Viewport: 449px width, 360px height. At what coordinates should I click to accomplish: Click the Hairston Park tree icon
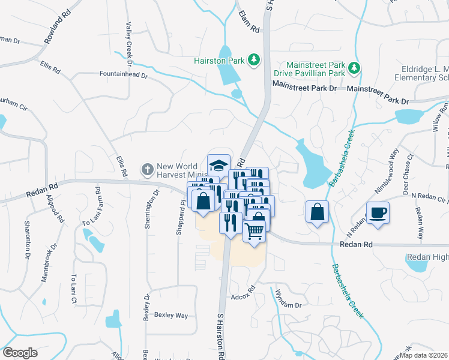point(254,59)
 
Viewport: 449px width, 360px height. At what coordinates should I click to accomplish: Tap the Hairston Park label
point(220,60)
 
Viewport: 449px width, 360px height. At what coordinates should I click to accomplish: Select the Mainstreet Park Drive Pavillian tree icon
point(355,67)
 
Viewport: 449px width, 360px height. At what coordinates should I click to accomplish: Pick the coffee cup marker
point(378,213)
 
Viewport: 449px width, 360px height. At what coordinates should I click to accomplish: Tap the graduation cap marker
point(219,165)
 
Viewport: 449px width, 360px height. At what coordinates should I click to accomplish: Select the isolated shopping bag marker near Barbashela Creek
point(317,212)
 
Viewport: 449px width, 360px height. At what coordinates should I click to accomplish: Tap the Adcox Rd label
point(243,296)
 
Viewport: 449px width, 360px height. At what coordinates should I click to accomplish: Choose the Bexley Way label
point(171,315)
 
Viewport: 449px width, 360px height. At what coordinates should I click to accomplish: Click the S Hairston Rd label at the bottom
point(220,336)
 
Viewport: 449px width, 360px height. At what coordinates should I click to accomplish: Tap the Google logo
point(20,353)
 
